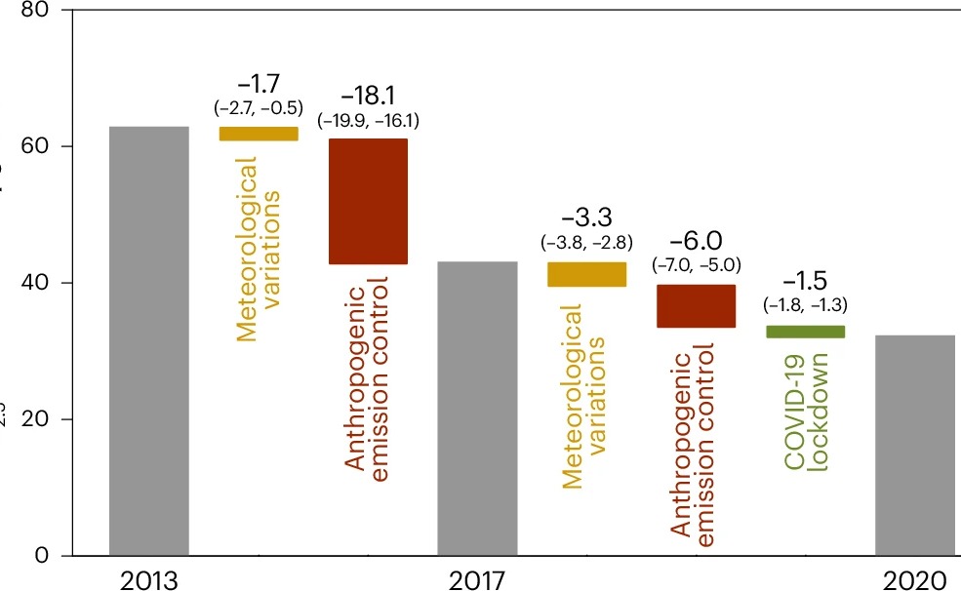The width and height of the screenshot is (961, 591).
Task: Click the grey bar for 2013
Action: coord(148,341)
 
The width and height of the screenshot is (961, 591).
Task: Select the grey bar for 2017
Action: coord(476,408)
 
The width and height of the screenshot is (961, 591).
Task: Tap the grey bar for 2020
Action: coord(914,445)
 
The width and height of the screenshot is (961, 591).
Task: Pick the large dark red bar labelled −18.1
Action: coord(367,201)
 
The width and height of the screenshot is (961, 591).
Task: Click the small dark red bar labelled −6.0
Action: coord(695,306)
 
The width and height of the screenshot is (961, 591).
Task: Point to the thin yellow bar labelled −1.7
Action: coord(259,134)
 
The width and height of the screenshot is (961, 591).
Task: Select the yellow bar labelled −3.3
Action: coord(586,274)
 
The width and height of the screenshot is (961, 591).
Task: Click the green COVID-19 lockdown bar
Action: coord(805,332)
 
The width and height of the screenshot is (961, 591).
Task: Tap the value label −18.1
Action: coord(367,98)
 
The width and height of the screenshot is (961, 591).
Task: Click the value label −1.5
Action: coord(805,285)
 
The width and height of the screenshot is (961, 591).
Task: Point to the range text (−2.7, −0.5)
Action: coord(259,107)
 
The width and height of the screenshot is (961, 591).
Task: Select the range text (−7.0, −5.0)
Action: coord(695,264)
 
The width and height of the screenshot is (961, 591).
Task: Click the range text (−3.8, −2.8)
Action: coord(586,242)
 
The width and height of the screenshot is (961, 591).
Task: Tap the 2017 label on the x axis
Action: coord(476,579)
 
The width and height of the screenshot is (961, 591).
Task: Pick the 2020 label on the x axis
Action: coord(914,579)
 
